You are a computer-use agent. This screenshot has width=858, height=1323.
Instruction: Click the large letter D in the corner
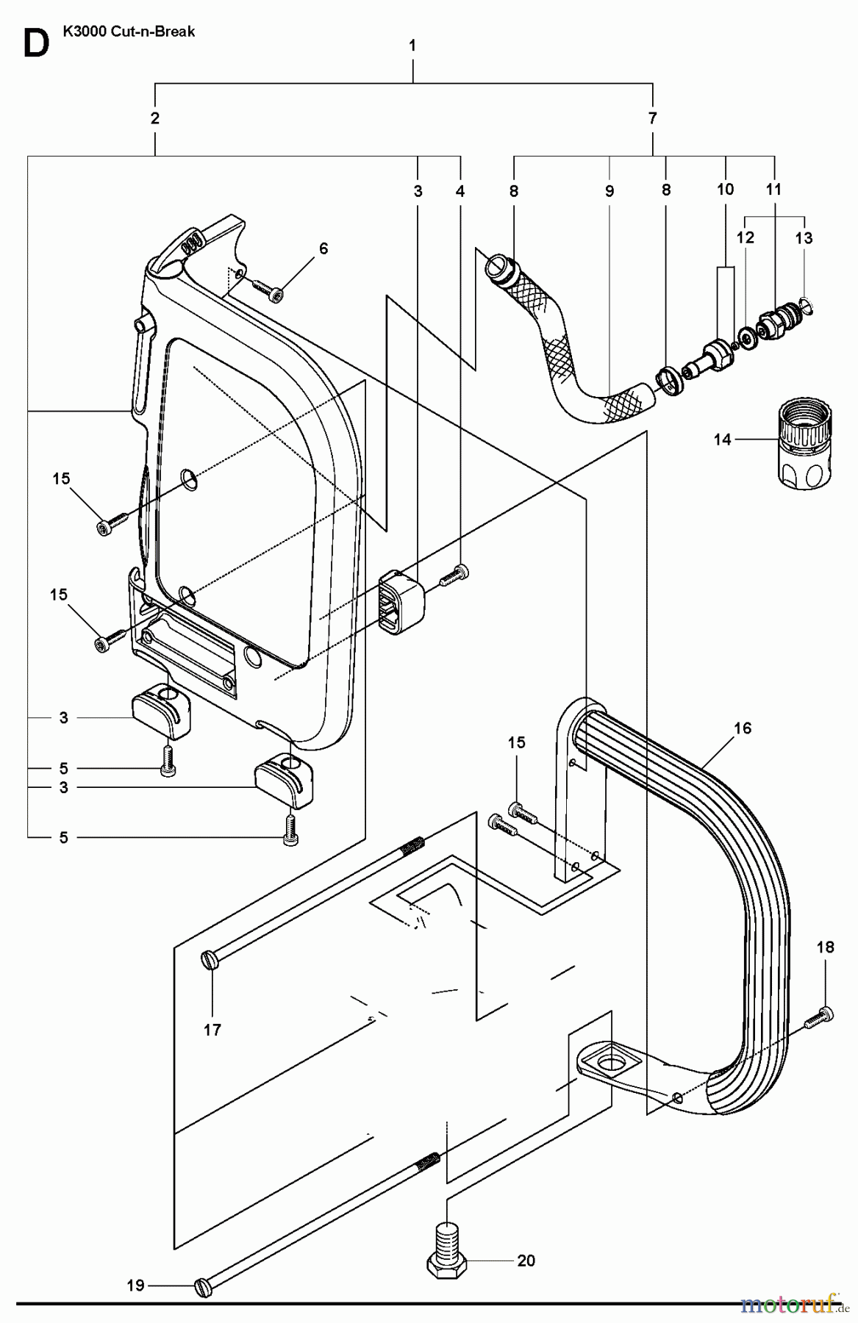tap(35, 43)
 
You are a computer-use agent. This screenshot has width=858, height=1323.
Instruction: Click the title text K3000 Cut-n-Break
tap(130, 32)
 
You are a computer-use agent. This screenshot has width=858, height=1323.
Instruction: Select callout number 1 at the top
tap(412, 46)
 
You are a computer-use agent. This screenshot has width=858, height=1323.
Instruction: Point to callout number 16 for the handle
tap(743, 728)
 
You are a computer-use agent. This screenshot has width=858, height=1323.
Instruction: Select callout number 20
tap(526, 1261)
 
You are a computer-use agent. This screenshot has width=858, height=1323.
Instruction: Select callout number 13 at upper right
tap(804, 238)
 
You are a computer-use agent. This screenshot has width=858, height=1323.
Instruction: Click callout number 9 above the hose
tap(609, 190)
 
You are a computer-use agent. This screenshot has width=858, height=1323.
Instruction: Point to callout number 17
tap(212, 1030)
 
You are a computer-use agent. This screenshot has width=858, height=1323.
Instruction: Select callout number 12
tap(745, 238)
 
